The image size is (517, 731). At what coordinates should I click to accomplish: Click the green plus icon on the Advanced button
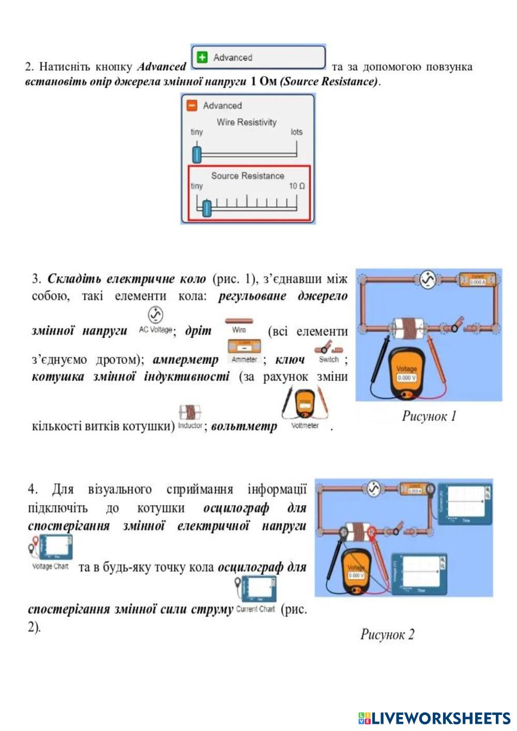(x=203, y=57)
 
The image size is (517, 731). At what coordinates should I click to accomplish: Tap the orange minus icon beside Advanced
(x=192, y=106)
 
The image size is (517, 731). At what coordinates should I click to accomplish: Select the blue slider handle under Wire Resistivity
(x=196, y=154)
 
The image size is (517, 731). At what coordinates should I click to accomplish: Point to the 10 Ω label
(x=297, y=186)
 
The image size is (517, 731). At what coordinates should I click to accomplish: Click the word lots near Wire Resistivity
(x=296, y=132)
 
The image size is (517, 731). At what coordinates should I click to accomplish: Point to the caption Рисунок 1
(x=429, y=416)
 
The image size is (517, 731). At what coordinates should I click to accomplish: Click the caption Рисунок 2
(x=387, y=634)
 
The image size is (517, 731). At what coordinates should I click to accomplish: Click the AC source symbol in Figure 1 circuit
(x=427, y=280)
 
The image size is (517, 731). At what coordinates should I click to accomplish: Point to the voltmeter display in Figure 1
(x=406, y=377)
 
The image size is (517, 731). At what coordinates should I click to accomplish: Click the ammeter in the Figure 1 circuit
(x=478, y=280)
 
